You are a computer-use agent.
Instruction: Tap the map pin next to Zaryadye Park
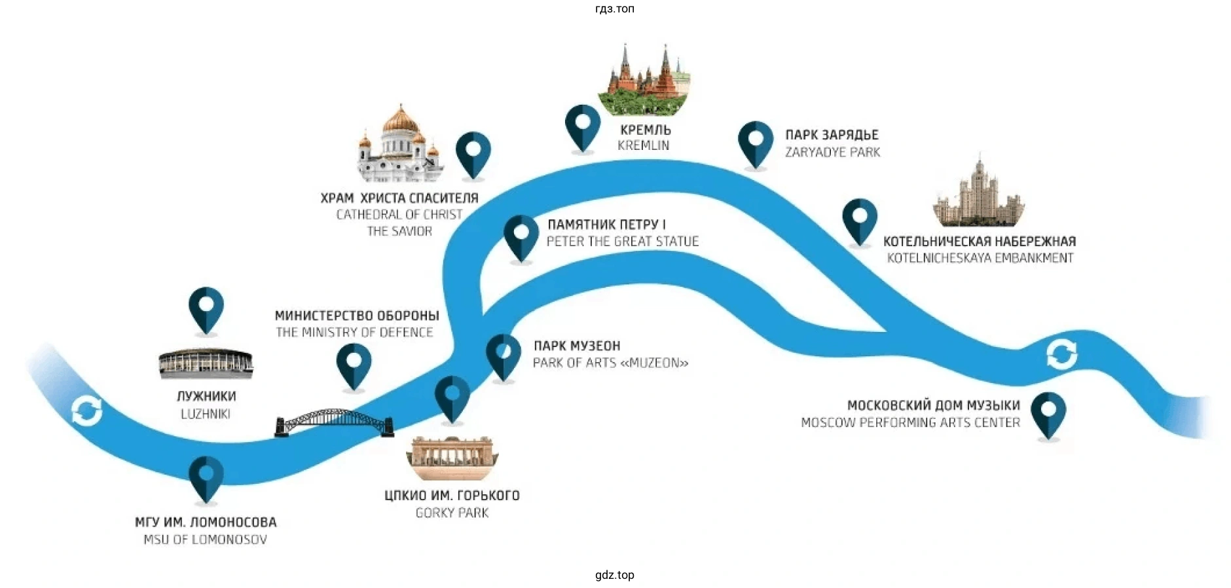pyautogui.click(x=756, y=143)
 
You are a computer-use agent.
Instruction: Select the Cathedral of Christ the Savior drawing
pyautogui.click(x=399, y=145)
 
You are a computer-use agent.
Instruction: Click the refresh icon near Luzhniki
pyautogui.click(x=87, y=411)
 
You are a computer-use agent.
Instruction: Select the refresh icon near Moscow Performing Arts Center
pyautogui.click(x=1061, y=354)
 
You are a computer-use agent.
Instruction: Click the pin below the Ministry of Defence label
pyautogui.click(x=354, y=365)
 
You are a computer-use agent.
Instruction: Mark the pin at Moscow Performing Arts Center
pyautogui.click(x=1048, y=414)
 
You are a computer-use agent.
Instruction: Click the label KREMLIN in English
pyautogui.click(x=643, y=146)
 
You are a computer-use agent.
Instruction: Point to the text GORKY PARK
pyautogui.click(x=452, y=513)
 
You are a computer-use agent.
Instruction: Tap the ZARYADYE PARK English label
pyautogui.click(x=832, y=153)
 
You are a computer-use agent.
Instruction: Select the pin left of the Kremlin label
pyautogui.click(x=582, y=127)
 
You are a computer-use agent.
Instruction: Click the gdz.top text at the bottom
pyautogui.click(x=614, y=575)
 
